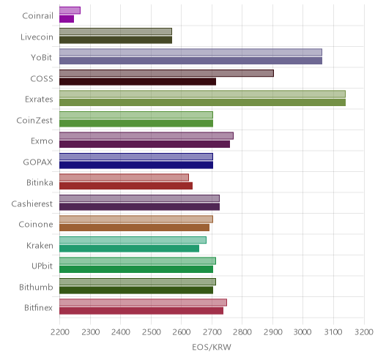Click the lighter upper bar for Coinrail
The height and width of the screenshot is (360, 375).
pos(70,10)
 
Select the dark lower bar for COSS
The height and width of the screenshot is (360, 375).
pos(138,82)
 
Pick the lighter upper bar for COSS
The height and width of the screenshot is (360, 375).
pos(166,73)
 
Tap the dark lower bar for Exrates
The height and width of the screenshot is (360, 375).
pos(202,102)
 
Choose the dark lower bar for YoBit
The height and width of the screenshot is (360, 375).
pos(190,61)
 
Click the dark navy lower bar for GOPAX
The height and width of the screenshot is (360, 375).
pos(136,165)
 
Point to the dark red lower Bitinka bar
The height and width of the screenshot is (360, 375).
pos(126,186)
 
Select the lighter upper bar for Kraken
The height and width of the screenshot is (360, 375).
pos(133,240)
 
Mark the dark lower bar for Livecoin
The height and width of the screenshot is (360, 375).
pos(116,40)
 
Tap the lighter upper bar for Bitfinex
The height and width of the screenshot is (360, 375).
pos(143,302)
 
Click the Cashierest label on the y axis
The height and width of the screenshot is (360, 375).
pos(32,203)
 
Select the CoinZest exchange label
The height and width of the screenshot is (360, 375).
pos(34,120)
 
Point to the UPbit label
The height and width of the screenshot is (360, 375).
pos(42,266)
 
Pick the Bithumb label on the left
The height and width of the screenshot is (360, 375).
pos(36,287)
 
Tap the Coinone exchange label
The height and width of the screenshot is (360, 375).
pos(36,225)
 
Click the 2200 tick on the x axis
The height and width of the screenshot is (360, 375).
pos(60,332)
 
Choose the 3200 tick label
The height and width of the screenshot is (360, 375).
pos(364,332)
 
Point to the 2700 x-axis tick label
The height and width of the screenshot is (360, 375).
pos(212,332)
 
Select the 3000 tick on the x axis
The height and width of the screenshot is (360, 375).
pos(302,332)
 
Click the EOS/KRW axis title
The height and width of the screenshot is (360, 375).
pos(212,347)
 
